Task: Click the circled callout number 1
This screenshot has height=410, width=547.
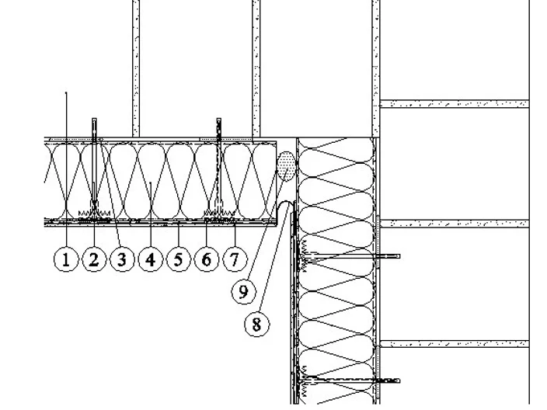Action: [x=66, y=259]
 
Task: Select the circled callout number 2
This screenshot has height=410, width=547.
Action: [x=94, y=259]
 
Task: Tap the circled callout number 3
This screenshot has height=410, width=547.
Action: [x=122, y=259]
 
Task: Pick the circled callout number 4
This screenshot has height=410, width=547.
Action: [x=151, y=259]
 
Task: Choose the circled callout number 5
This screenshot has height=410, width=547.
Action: [x=178, y=259]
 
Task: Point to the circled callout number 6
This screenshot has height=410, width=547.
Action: [x=207, y=259]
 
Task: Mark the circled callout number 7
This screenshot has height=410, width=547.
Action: [x=235, y=259]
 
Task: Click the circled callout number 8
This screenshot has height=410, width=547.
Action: [x=256, y=325]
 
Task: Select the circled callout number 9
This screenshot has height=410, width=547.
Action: [x=243, y=291]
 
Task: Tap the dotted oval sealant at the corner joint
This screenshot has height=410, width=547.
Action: [x=286, y=166]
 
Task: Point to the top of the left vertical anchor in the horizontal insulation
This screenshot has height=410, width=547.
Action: [x=94, y=120]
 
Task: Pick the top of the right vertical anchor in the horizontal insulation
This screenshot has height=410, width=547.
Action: [x=219, y=120]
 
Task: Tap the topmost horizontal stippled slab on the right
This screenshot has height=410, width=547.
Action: [x=455, y=104]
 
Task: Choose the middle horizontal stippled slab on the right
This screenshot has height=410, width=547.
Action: [x=455, y=224]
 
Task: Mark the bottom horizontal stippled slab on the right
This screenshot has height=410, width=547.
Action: [x=455, y=344]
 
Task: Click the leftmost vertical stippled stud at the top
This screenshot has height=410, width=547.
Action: [x=136, y=68]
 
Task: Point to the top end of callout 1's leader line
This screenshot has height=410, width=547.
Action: [x=66, y=92]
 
